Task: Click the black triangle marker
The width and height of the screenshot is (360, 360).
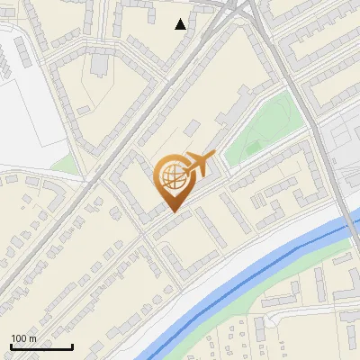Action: click(181, 24)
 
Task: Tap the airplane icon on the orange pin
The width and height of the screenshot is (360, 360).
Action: click(199, 164)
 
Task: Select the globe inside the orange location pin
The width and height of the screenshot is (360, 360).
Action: click(173, 176)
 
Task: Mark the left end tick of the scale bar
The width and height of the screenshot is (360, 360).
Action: click(11, 346)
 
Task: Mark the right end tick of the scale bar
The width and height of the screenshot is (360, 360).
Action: click(72, 346)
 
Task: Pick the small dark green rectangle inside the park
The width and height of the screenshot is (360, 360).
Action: click(255, 147)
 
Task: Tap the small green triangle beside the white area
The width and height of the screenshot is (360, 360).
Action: click(64, 165)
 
